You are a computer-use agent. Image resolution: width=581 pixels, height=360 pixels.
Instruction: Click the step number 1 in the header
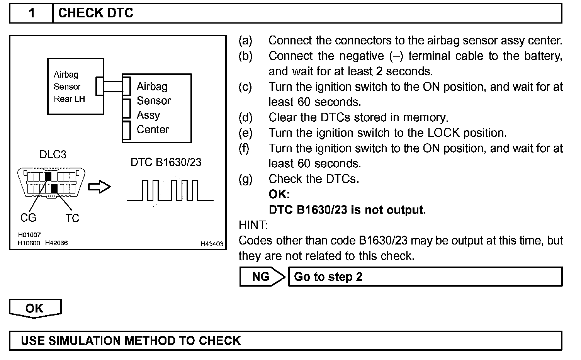[x=32, y=13]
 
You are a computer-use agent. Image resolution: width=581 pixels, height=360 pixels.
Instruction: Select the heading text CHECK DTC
[x=95, y=13]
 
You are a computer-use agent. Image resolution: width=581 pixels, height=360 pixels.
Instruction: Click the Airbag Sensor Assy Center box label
[x=154, y=108]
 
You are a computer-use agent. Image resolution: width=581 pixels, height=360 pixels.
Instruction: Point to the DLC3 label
[x=53, y=155]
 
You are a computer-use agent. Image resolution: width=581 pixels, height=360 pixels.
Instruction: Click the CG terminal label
[x=28, y=218]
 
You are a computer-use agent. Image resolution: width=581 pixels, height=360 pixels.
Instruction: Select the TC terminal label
[x=72, y=218]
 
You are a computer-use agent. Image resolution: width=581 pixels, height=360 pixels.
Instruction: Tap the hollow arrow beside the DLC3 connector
[x=100, y=187]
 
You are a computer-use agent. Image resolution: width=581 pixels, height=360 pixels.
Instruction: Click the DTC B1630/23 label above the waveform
[x=166, y=162]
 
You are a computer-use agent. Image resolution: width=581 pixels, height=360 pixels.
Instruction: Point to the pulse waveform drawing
[x=170, y=190]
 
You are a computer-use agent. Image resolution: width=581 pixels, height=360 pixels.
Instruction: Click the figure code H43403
[x=212, y=244]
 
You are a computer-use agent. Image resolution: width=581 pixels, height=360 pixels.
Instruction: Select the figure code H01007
[x=29, y=235]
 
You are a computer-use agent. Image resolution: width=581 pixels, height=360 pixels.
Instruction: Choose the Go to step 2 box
[x=425, y=277]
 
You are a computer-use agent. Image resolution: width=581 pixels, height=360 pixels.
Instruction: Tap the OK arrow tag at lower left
[x=35, y=308]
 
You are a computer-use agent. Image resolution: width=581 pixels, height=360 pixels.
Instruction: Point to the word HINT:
[x=253, y=225]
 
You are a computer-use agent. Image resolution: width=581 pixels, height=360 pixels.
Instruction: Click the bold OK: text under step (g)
[x=279, y=194]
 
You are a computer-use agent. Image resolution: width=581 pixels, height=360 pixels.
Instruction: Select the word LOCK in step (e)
[x=443, y=133]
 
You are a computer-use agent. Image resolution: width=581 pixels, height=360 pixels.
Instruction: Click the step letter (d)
[x=245, y=117]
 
